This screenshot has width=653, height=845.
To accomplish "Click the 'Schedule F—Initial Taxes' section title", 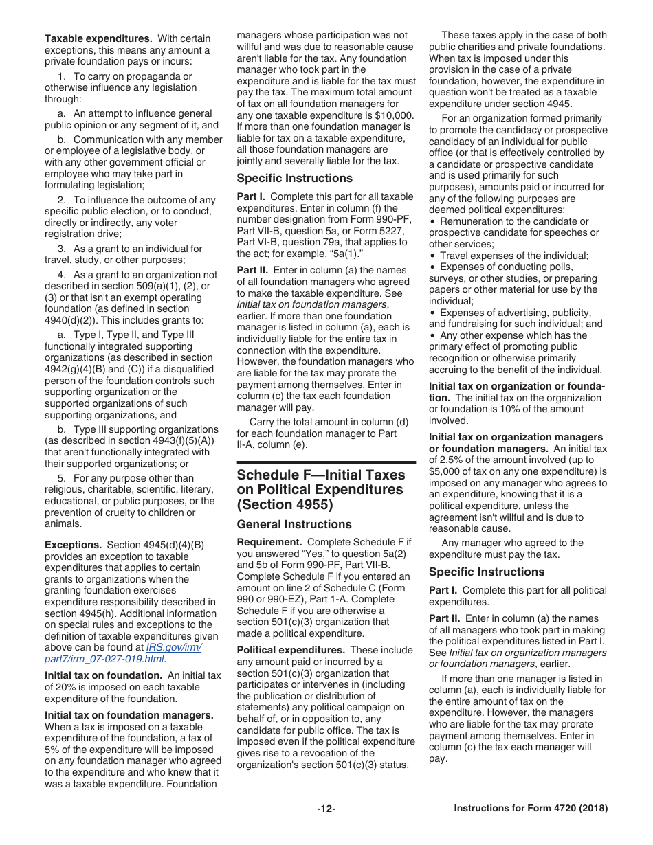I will [x=320, y=475].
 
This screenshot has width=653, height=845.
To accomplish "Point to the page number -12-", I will [x=326, y=809].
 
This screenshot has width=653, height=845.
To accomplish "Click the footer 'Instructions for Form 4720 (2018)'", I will [x=531, y=809].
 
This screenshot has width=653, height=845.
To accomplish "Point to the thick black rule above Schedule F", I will [x=326, y=463].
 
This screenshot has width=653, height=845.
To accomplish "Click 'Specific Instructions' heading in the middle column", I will [x=294, y=179].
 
